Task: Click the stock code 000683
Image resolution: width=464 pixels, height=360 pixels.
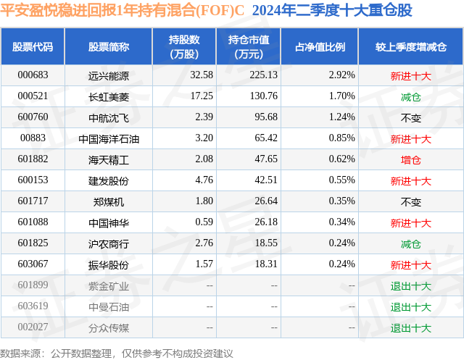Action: pyautogui.click(x=33, y=75)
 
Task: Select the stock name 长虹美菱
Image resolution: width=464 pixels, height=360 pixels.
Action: pyautogui.click(x=108, y=96)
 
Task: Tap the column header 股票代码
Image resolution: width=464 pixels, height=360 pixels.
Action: pyautogui.click(x=33, y=47)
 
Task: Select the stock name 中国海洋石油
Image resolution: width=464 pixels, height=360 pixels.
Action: pyautogui.click(x=108, y=138)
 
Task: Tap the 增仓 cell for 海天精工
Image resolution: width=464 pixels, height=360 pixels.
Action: pyautogui.click(x=410, y=159)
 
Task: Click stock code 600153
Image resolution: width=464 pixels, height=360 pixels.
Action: pyautogui.click(x=33, y=180)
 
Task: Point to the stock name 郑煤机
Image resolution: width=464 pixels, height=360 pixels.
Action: pyautogui.click(x=108, y=201)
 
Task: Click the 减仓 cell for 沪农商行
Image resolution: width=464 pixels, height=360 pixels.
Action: pyautogui.click(x=410, y=243)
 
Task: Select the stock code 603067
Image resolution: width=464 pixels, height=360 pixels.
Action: pyautogui.click(x=33, y=264)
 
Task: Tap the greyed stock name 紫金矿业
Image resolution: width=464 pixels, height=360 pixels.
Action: pyautogui.click(x=108, y=285)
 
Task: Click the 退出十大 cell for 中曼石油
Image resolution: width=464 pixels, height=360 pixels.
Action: pyautogui.click(x=410, y=306)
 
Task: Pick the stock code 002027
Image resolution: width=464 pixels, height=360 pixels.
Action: pyautogui.click(x=33, y=328)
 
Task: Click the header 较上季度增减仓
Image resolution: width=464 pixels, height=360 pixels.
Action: pyautogui.click(x=410, y=47)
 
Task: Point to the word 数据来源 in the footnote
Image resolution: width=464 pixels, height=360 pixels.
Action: pyautogui.click(x=21, y=353)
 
